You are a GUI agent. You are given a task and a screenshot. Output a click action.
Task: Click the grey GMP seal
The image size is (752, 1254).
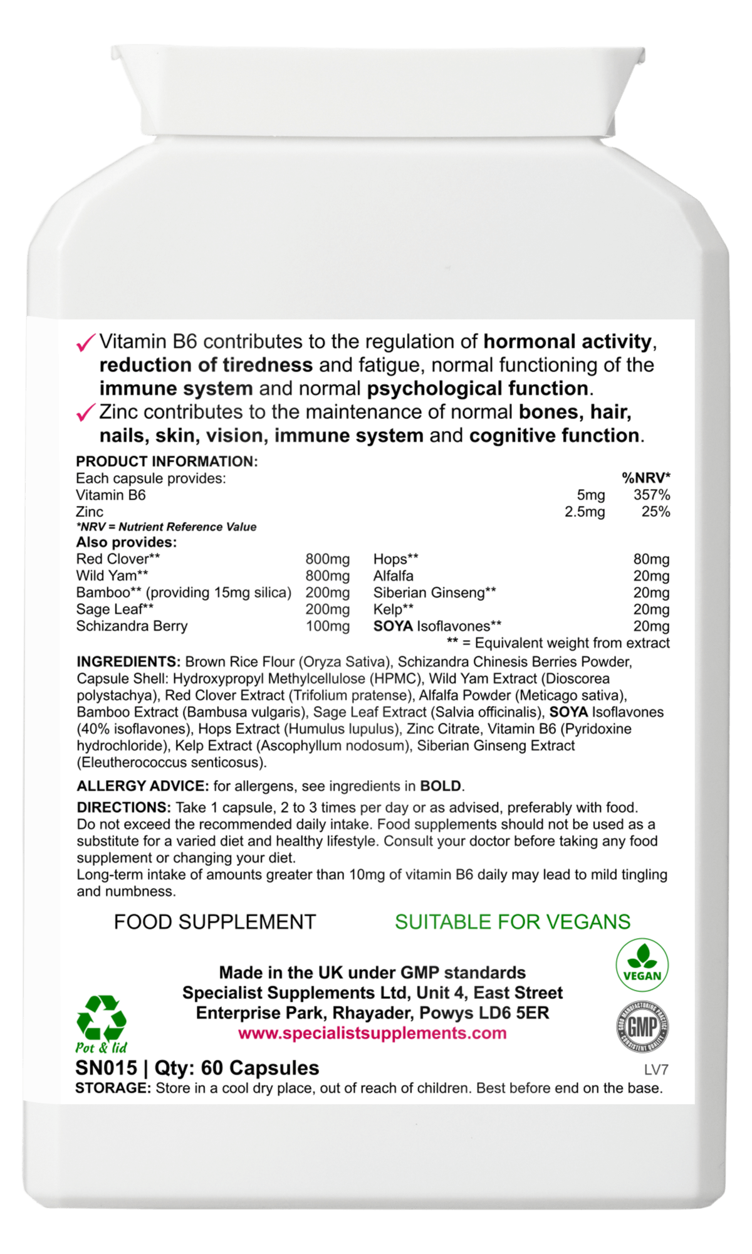coord(642,1026)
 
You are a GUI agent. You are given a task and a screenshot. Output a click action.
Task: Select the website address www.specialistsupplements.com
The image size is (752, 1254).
coord(372,1033)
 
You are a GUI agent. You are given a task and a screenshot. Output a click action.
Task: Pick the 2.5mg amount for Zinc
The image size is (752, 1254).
coord(585,512)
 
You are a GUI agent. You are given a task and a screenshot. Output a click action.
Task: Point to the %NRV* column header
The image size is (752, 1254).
coord(645,478)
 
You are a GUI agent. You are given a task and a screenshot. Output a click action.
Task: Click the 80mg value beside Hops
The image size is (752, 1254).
coord(651,559)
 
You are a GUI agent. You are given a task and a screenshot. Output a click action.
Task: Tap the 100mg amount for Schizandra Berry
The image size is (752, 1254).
coord(328,626)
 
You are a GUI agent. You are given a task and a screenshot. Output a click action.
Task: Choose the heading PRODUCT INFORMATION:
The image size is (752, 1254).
coord(167,461)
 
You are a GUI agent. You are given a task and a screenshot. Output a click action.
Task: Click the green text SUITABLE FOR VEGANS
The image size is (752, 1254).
coord(513,922)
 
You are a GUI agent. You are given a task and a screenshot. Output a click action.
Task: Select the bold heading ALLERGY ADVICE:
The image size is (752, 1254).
coord(143,786)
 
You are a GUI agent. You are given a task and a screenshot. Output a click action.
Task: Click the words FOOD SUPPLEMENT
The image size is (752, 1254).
coord(215,922)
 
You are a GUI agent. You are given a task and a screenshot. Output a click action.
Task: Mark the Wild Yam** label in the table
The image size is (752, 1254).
coord(112,576)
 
